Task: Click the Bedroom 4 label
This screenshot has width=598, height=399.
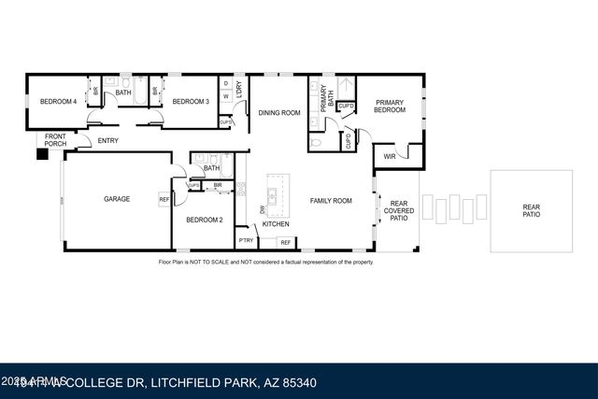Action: (x=58, y=102)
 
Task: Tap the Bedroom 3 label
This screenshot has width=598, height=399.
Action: (x=190, y=102)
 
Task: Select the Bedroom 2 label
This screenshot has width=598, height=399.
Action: (x=203, y=220)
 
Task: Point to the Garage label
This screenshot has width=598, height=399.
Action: (x=116, y=199)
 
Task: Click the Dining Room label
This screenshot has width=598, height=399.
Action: (x=279, y=113)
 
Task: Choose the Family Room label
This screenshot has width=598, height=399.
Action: (x=331, y=201)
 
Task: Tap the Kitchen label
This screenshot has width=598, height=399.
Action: (x=275, y=224)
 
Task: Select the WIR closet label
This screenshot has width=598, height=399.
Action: (x=387, y=156)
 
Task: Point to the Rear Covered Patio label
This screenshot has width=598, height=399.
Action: (x=399, y=210)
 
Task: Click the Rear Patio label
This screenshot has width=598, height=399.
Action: (x=531, y=210)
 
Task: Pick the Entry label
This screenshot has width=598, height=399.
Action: (x=108, y=141)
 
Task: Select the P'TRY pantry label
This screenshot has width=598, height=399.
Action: (x=246, y=241)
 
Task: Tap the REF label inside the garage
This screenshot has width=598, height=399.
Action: (x=164, y=199)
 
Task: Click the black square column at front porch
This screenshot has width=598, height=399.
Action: (x=41, y=155)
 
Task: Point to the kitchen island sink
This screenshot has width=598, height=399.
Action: (x=272, y=196)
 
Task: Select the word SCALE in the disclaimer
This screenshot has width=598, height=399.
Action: (x=226, y=263)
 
